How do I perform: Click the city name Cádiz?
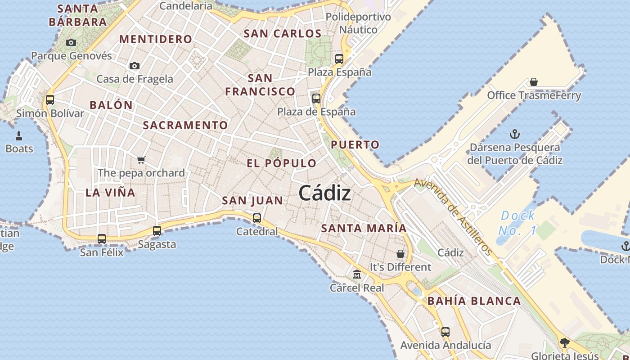(x=324, y=193)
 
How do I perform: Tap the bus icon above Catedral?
(x=257, y=218)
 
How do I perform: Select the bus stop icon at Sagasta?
(x=157, y=231)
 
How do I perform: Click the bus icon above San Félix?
(x=102, y=239)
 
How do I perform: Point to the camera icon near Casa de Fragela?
(x=134, y=66)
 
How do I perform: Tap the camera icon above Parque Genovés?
(x=71, y=43)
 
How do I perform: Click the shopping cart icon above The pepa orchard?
(x=141, y=160)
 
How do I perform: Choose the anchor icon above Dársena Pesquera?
(x=514, y=134)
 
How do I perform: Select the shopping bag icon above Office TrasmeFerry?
(x=534, y=82)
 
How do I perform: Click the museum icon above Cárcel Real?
(x=357, y=274)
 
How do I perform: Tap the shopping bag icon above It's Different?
(x=400, y=254)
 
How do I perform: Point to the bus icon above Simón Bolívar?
(x=50, y=100)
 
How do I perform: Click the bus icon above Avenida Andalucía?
(x=445, y=332)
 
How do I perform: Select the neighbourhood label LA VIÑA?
(x=110, y=193)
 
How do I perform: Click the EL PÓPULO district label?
(x=281, y=163)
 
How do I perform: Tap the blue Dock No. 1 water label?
(x=517, y=223)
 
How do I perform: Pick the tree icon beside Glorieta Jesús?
(x=565, y=343)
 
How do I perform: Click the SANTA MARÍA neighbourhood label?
(x=364, y=228)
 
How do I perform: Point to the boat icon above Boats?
(x=19, y=136)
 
